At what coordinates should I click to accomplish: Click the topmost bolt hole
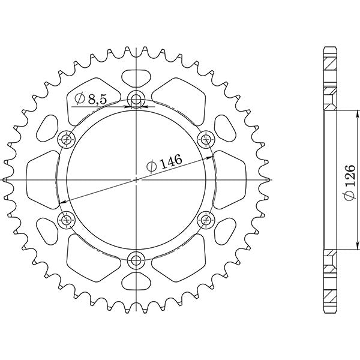click(x=136, y=100)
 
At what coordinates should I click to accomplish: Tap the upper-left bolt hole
click(x=66, y=140)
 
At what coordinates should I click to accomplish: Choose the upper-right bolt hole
click(x=206, y=140)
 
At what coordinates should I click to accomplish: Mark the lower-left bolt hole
click(x=66, y=220)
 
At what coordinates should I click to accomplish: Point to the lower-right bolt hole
click(x=206, y=220)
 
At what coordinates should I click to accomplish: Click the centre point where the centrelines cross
click(x=136, y=180)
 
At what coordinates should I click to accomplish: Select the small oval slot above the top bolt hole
click(x=136, y=77)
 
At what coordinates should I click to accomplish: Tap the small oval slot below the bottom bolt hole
click(x=136, y=282)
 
